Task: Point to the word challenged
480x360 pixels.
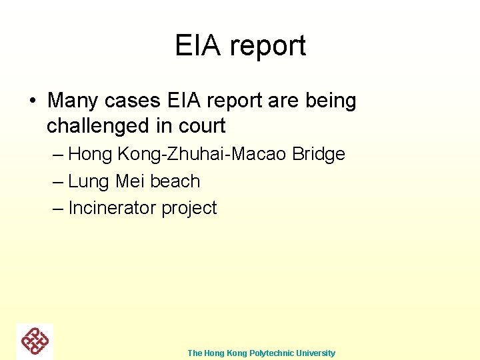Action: pyautogui.click(x=99, y=125)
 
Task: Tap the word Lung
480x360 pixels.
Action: pyautogui.click(x=89, y=181)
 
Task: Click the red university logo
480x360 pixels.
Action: pyautogui.click(x=35, y=341)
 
